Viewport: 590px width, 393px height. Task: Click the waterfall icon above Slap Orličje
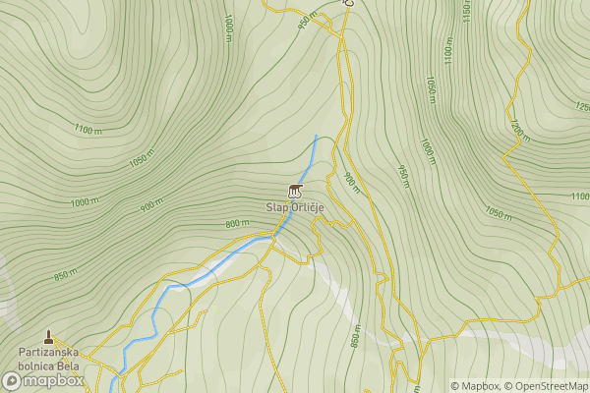pyautogui.click(x=294, y=190)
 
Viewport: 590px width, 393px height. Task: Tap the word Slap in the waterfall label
pyautogui.click(x=274, y=207)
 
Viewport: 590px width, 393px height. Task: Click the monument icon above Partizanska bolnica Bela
pyautogui.click(x=48, y=337)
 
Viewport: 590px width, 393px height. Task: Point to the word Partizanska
pyautogui.click(x=48, y=352)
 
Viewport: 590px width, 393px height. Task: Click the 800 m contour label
pyautogui.click(x=237, y=224)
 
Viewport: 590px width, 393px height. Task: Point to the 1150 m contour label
pyautogui.click(x=465, y=12)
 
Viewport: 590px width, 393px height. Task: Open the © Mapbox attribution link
pyautogui.click(x=474, y=385)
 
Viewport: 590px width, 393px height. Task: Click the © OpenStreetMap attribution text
pyautogui.click(x=547, y=385)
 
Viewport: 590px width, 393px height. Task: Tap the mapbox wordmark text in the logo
pyautogui.click(x=55, y=380)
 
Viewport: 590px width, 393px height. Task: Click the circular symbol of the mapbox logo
pyautogui.click(x=14, y=380)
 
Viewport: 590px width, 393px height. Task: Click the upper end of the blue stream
pyautogui.click(x=316, y=136)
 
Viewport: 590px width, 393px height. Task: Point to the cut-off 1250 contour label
pyautogui.click(x=580, y=105)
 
